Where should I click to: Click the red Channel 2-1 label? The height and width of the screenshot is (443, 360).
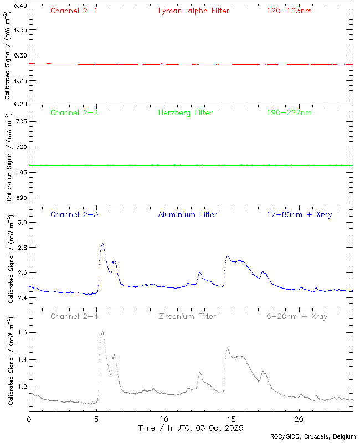(x=74, y=11)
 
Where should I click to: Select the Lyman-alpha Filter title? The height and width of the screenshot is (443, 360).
(x=193, y=11)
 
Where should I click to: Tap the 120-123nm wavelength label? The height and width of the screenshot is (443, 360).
(x=289, y=11)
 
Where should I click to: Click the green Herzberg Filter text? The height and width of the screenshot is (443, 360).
(x=185, y=112)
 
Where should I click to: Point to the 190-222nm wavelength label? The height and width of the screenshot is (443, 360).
(x=289, y=112)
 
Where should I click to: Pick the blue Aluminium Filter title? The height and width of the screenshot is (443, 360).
(x=187, y=214)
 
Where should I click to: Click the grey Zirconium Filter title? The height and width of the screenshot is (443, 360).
(x=187, y=316)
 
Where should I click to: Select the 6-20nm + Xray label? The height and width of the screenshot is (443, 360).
(x=296, y=316)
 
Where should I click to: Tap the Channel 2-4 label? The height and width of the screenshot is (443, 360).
(x=74, y=316)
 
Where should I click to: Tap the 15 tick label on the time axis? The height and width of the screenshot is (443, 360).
(x=232, y=419)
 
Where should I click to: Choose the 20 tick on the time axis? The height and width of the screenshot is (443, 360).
(x=299, y=419)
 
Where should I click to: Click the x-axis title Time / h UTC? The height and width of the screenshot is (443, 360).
(x=191, y=428)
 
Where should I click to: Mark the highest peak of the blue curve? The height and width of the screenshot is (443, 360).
(x=102, y=244)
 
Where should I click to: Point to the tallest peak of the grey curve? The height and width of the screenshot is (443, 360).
(x=102, y=332)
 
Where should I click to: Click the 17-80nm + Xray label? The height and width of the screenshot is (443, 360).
(x=294, y=214)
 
